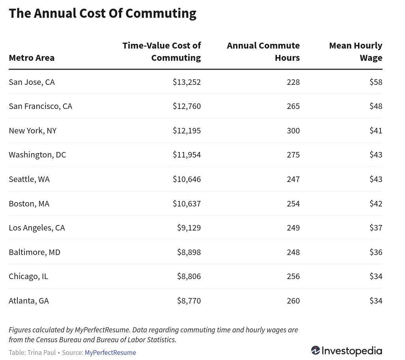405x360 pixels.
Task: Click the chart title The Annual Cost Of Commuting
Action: pyautogui.click(x=102, y=13)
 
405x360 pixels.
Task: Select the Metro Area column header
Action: pyautogui.click(x=32, y=58)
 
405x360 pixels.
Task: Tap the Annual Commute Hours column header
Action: pyautogui.click(x=263, y=52)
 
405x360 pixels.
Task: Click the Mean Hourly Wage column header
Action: pyautogui.click(x=356, y=52)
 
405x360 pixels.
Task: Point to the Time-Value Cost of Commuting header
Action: pyautogui.click(x=161, y=52)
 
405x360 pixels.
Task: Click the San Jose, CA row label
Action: pyautogui.click(x=32, y=82)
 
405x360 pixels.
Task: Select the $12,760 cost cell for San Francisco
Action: pyautogui.click(x=187, y=106)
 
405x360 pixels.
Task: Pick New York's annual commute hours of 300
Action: pyautogui.click(x=293, y=131)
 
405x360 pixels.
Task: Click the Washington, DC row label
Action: pyautogui.click(x=37, y=155)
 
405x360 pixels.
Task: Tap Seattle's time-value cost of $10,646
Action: pyautogui.click(x=187, y=179)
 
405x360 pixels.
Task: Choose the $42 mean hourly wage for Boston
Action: pyautogui.click(x=376, y=204)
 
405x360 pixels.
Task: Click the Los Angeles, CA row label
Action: pyautogui.click(x=37, y=228)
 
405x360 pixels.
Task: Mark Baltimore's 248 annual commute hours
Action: pyautogui.click(x=293, y=252)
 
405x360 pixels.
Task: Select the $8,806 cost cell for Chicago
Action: pyautogui.click(x=189, y=276)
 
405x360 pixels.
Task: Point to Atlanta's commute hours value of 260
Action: pyautogui.click(x=293, y=301)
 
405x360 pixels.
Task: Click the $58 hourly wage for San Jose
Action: pyautogui.click(x=376, y=82)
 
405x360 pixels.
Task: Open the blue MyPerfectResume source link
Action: pyautogui.click(x=110, y=352)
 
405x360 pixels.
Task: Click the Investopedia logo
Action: pyautogui.click(x=347, y=351)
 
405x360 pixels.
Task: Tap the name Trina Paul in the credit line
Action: pyautogui.click(x=41, y=352)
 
